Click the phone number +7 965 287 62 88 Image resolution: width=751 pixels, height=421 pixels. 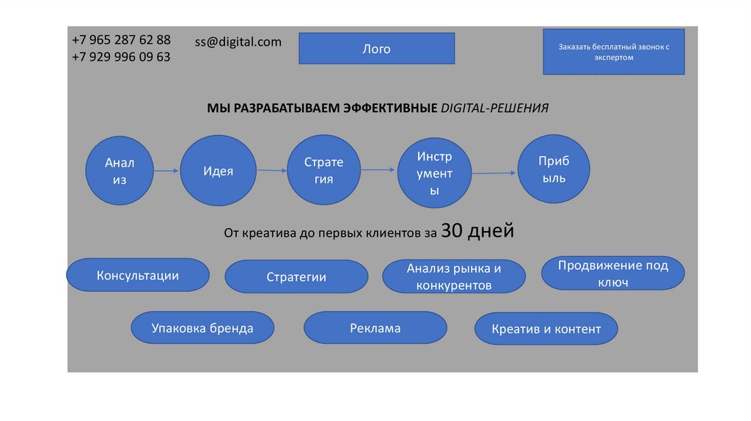(x=121, y=40)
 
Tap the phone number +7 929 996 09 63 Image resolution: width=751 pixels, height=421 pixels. (x=121, y=56)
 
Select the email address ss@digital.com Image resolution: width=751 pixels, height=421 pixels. (x=238, y=42)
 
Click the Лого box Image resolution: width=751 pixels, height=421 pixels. (x=376, y=49)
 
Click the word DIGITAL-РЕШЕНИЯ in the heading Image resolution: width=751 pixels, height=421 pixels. (x=494, y=108)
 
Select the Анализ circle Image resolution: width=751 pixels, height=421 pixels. (x=120, y=170)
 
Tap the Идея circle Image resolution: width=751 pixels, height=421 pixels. (x=218, y=171)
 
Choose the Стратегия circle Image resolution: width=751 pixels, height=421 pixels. (x=323, y=170)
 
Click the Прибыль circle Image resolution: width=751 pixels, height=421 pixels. (x=554, y=169)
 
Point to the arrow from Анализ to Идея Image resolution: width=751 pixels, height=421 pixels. (x=167, y=171)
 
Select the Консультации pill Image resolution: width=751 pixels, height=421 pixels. (x=138, y=276)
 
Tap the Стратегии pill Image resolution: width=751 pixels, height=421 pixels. (x=296, y=277)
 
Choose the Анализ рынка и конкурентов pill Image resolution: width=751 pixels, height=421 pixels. (x=454, y=277)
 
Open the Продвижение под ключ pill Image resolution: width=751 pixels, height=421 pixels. (x=613, y=274)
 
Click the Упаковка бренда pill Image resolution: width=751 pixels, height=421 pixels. (x=202, y=328)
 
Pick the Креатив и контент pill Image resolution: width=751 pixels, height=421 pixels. (x=546, y=329)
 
